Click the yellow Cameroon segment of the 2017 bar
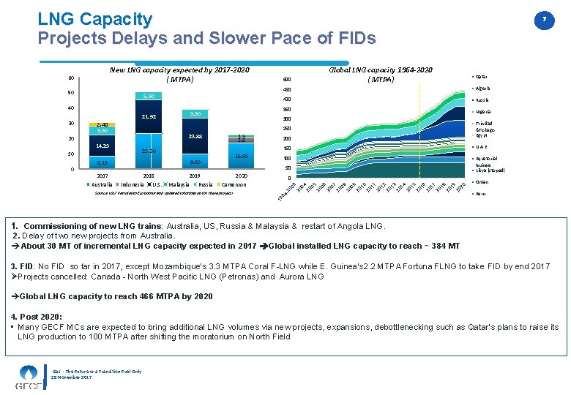pos(102,124)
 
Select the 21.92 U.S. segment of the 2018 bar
pos(149,116)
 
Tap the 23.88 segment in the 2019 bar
pos(195,136)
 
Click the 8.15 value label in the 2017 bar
pos(102,163)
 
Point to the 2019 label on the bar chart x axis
pos(195,176)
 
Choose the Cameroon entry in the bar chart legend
pos(232,184)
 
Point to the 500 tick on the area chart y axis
pos(287,80)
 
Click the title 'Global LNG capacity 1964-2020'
pos(381,69)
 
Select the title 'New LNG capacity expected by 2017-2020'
pos(179,69)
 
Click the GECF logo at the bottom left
pos(27,376)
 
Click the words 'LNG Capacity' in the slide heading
pos(95,19)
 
